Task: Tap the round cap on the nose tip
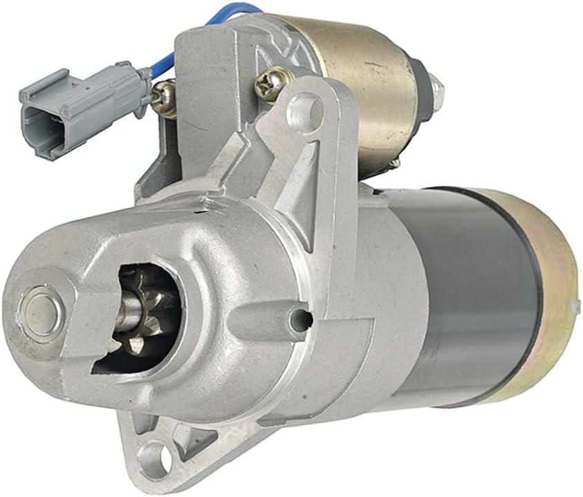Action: pyautogui.click(x=41, y=305)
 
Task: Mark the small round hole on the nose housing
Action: pyautogui.click(x=299, y=320)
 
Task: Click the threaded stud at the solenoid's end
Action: pyautogui.click(x=436, y=88)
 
